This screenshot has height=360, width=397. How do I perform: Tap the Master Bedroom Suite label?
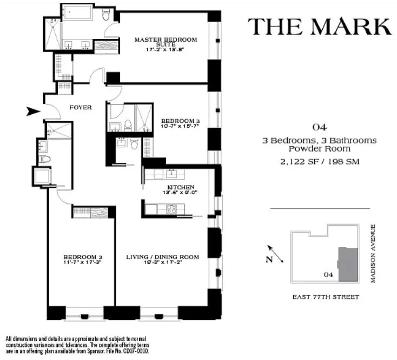pyautogui.click(x=166, y=43)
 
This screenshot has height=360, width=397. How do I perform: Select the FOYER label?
pyautogui.click(x=81, y=107)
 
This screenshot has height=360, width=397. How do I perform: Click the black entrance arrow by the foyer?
pyautogui.click(x=33, y=112)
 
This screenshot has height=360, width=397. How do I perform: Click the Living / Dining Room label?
pyautogui.click(x=163, y=257)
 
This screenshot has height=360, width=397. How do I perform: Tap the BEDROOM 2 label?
pyautogui.click(x=82, y=257)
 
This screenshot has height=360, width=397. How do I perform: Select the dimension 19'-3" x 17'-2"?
pyautogui.click(x=163, y=263)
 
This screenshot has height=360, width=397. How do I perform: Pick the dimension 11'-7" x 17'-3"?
pyautogui.click(x=82, y=263)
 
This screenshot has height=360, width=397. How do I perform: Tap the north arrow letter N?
pyautogui.click(x=269, y=259)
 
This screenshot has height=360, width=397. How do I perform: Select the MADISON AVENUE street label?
pyautogui.click(x=373, y=254)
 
